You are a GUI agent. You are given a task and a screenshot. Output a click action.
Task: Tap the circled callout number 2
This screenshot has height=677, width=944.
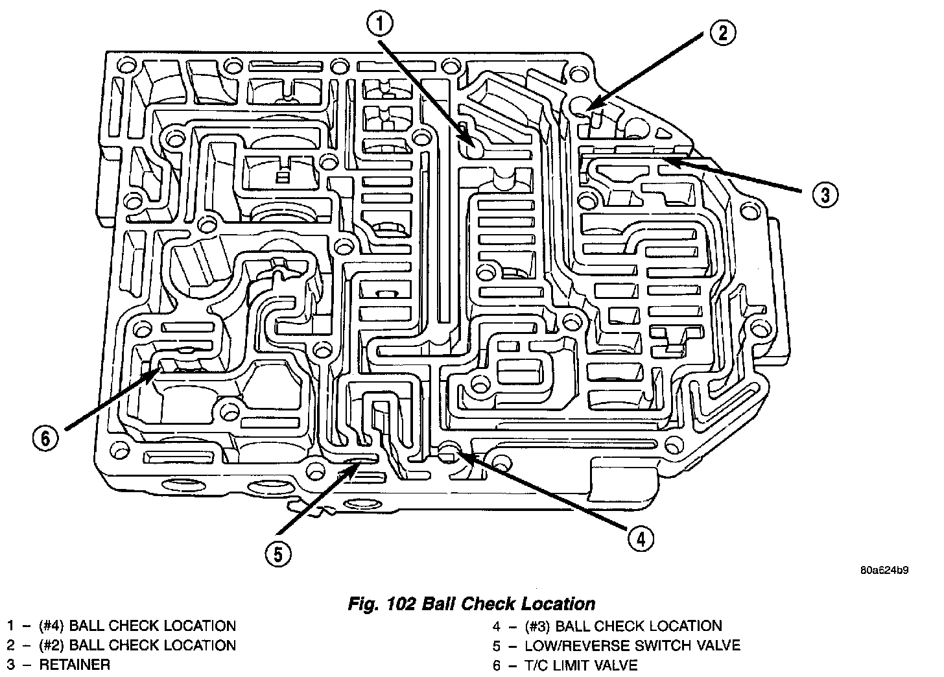(722, 33)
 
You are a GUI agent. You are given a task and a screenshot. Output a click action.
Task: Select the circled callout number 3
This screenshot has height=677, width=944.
(823, 194)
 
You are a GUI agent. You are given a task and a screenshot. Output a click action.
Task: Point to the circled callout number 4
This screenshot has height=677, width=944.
(640, 538)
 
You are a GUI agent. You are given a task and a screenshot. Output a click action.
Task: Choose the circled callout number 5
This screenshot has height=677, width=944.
(277, 553)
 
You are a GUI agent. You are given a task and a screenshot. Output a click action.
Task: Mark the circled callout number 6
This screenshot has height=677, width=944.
(45, 438)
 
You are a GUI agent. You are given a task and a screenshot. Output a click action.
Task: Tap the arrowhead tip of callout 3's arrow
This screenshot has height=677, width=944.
(663, 159)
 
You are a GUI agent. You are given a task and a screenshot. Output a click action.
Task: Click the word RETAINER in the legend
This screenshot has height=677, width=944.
(75, 665)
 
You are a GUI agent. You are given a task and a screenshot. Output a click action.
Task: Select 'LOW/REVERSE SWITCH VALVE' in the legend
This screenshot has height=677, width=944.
(632, 645)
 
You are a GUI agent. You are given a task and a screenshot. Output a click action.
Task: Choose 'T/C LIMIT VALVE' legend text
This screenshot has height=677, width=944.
(582, 665)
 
